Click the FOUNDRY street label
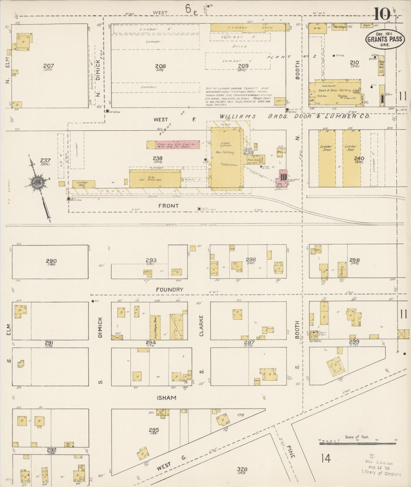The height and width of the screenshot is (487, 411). click(170, 290)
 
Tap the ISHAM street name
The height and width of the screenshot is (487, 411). click(166, 398)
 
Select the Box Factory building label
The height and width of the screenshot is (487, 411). click(225, 152)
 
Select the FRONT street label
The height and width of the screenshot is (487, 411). click(168, 206)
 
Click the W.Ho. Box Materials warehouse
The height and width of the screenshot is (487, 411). click(155, 179)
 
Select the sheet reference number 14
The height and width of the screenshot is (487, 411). click(326, 458)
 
